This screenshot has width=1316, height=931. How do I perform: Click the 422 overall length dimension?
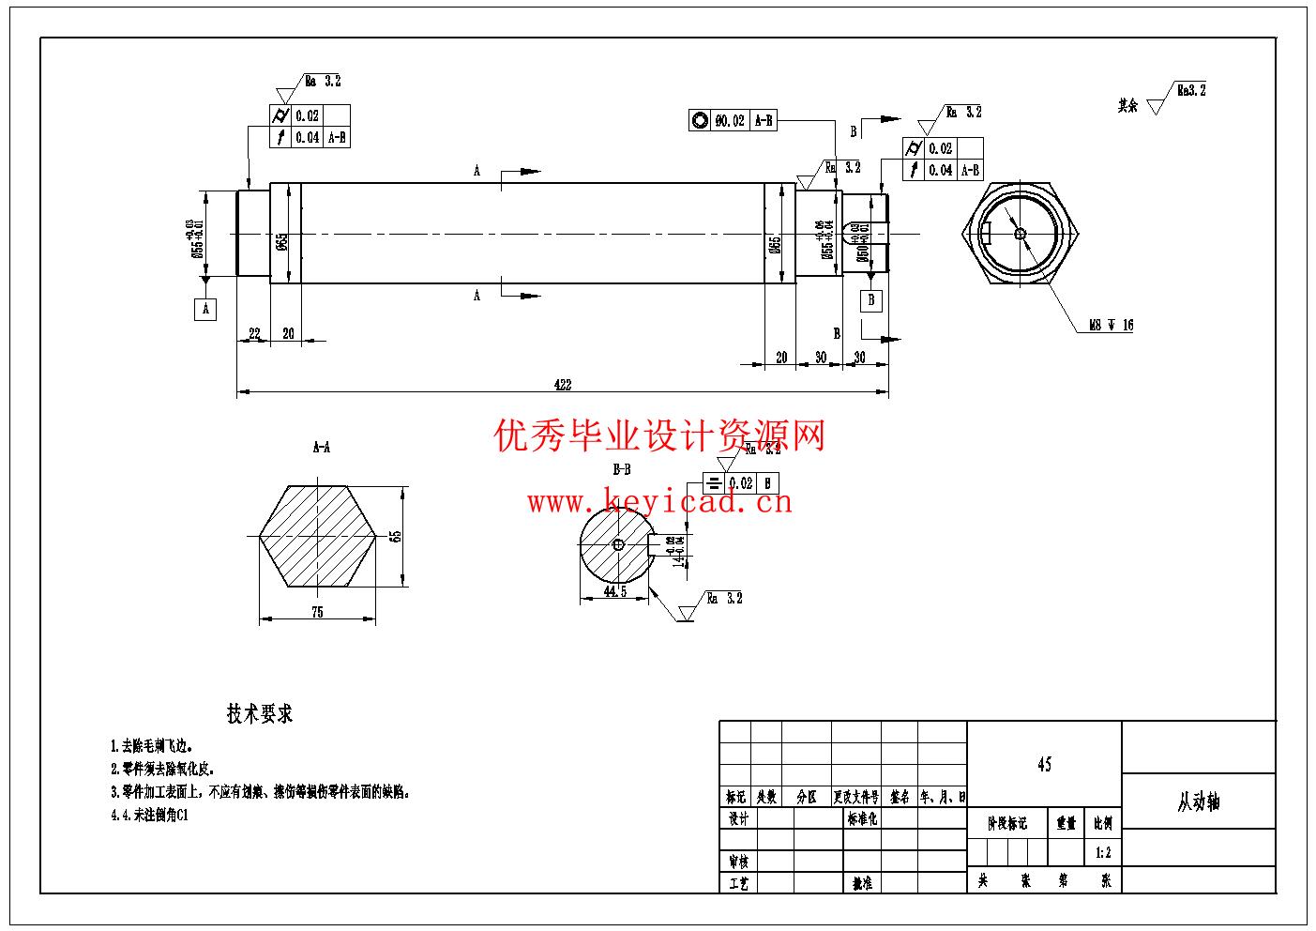[x=562, y=385]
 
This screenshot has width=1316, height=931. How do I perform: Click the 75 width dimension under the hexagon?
[x=317, y=612]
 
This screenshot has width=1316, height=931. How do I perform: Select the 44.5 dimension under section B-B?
[x=615, y=591]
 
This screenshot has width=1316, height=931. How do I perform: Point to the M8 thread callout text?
[x=1111, y=326]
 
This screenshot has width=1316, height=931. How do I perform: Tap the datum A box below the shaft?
[x=205, y=309]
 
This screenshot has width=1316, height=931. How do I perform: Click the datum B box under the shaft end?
[x=871, y=300]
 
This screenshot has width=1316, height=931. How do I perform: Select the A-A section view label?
[x=321, y=448]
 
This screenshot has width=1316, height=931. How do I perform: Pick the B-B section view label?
[x=621, y=468]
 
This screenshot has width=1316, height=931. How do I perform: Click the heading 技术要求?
[x=260, y=714]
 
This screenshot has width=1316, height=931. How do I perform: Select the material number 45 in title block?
[x=1044, y=765]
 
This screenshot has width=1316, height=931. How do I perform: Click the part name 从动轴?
[x=1199, y=802]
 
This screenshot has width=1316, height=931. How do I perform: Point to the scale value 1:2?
[x=1103, y=854]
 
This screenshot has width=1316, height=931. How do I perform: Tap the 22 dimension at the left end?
[x=254, y=334]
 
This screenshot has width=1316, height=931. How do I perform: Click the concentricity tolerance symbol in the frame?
[x=700, y=120]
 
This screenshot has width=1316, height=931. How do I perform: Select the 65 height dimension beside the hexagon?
[x=396, y=536]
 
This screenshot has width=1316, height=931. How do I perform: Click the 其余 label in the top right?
[x=1127, y=106]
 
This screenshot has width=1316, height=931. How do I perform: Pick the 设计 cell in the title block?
[x=738, y=819]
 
